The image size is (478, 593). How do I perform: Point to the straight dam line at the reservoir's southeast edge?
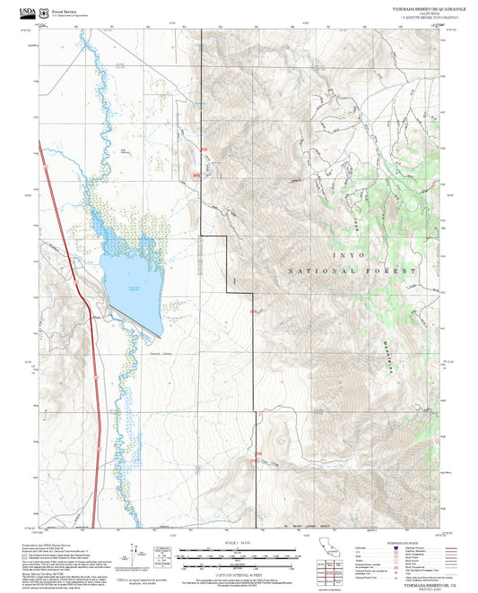click(x=150, y=327)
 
